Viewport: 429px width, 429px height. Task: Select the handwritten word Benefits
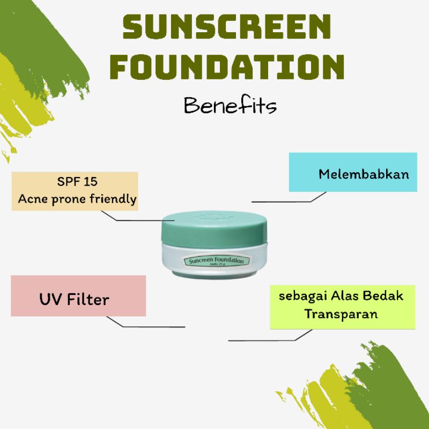coord(230,105)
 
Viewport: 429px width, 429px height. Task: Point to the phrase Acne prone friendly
coord(77,199)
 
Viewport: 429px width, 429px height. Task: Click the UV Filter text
coord(73,299)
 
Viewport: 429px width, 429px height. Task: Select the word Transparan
coord(341,314)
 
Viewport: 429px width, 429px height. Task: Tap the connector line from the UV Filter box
coord(150,326)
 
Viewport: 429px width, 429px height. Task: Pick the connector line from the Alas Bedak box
coord(268,340)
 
